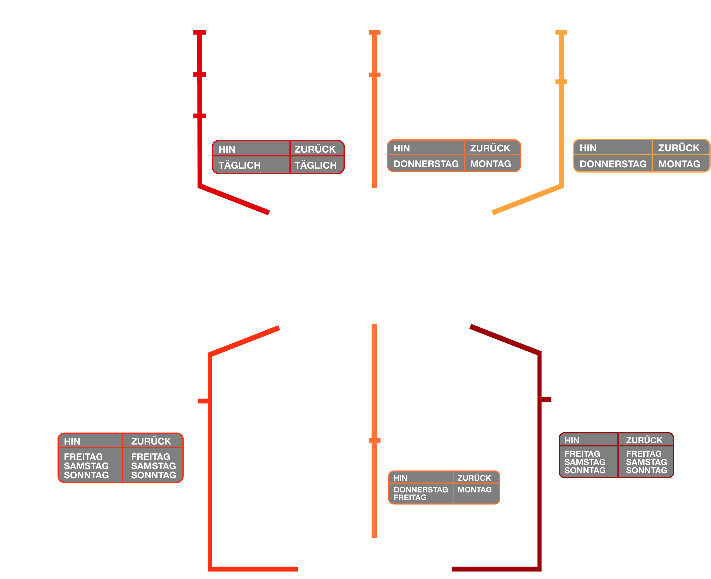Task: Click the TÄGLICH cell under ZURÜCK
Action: pyautogui.click(x=316, y=165)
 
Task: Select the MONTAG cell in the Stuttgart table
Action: pyautogui.click(x=490, y=164)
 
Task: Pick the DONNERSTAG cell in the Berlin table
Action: pyautogui.click(x=612, y=164)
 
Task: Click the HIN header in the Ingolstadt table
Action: pyautogui.click(x=72, y=441)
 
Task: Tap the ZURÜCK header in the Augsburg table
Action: pyautogui.click(x=644, y=440)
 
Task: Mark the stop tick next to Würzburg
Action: pyautogui.click(x=200, y=116)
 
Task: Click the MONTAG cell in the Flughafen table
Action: pyautogui.click(x=474, y=490)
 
